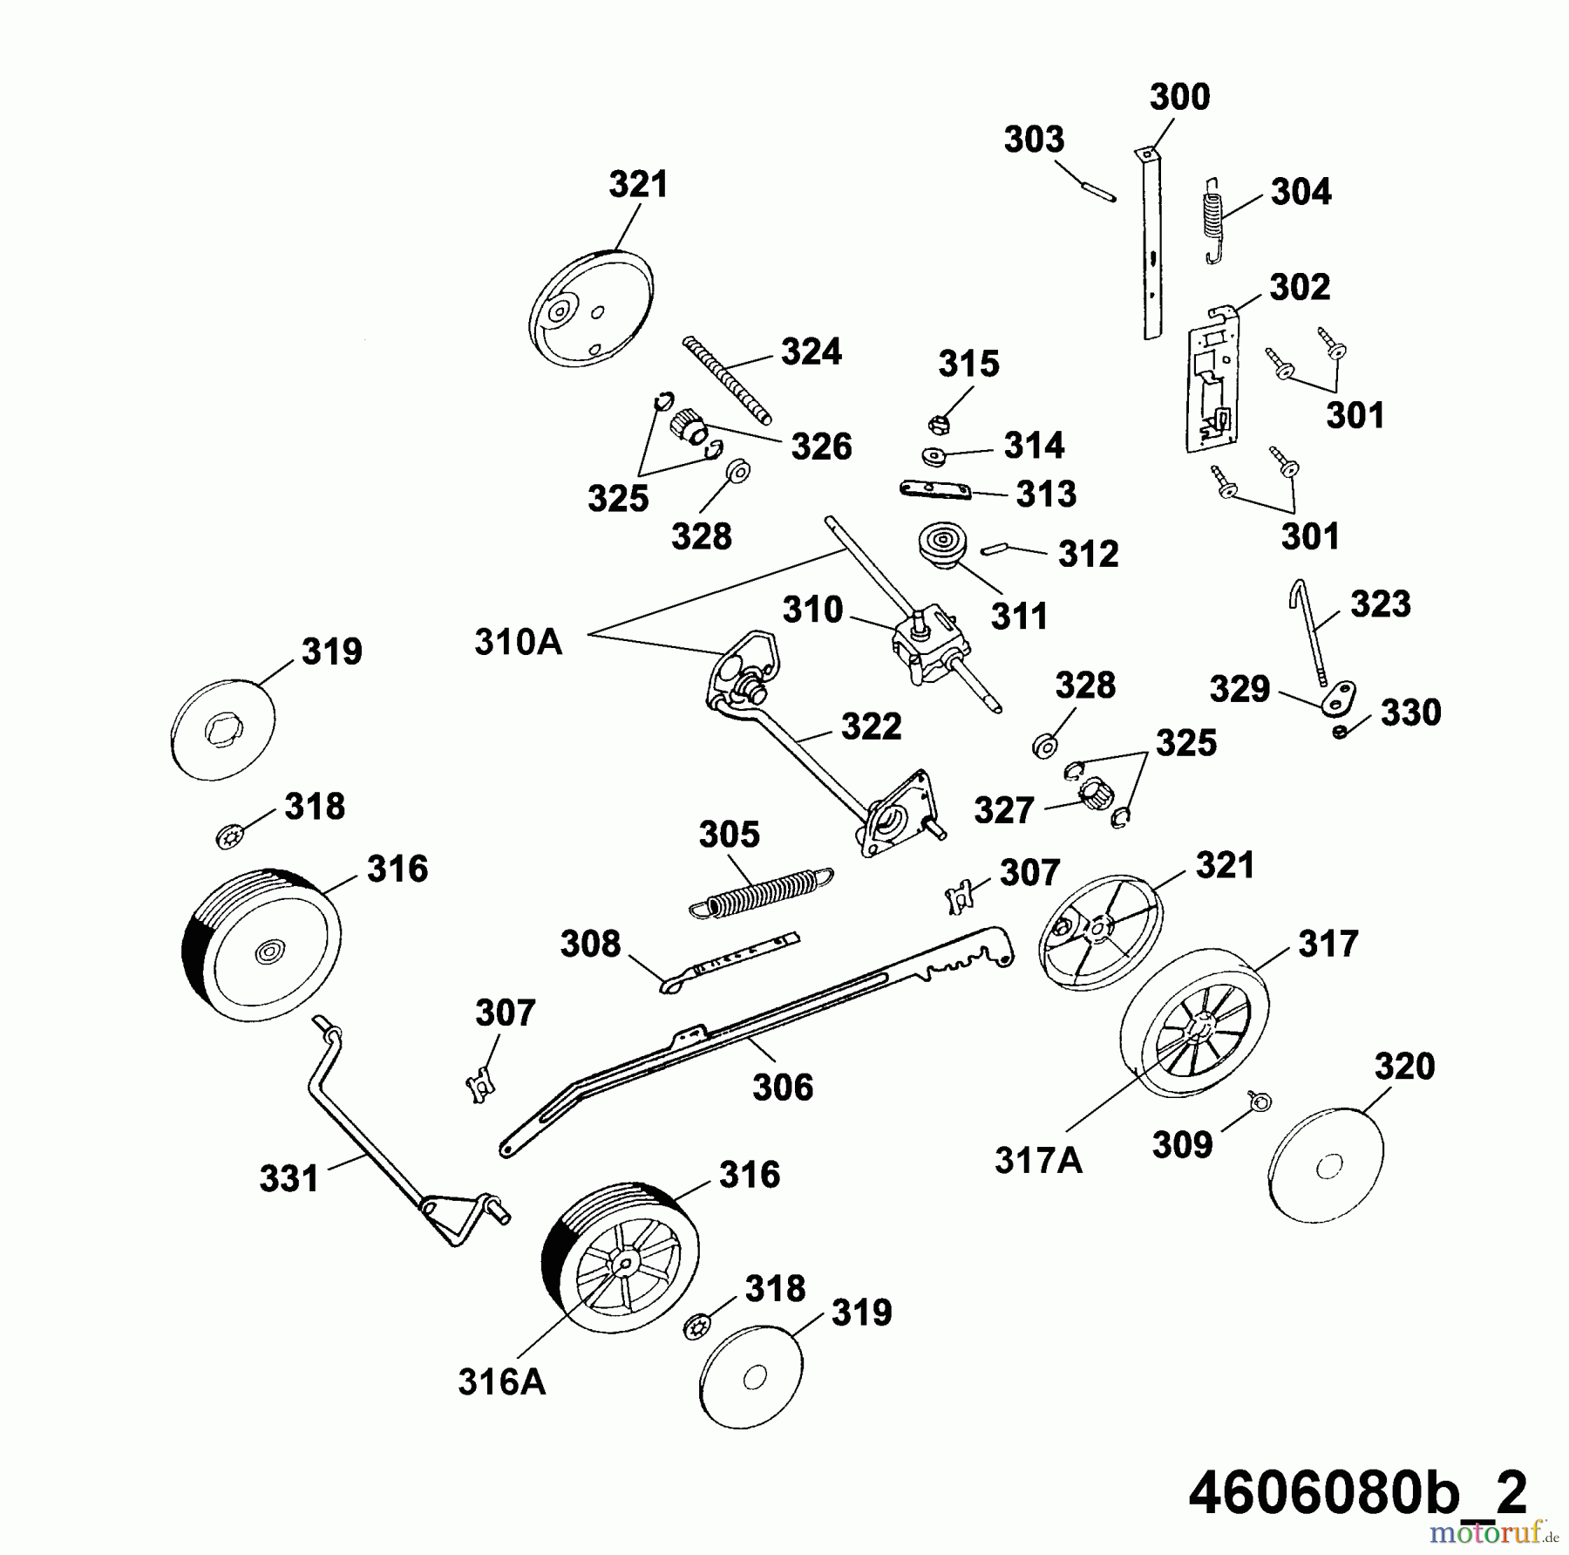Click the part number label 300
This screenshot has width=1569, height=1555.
(x=1179, y=97)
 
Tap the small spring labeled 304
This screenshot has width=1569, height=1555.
(x=1212, y=220)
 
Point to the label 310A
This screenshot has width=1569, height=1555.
(x=518, y=642)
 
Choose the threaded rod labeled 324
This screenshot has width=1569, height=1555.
(x=726, y=379)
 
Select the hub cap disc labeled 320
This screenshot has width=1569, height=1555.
(x=1326, y=1165)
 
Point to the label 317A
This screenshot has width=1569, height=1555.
(x=1038, y=1161)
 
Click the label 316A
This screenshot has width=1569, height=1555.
(x=501, y=1382)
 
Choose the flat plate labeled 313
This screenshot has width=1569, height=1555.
(x=935, y=491)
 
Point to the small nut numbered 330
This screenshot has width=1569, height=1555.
(x=1340, y=731)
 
